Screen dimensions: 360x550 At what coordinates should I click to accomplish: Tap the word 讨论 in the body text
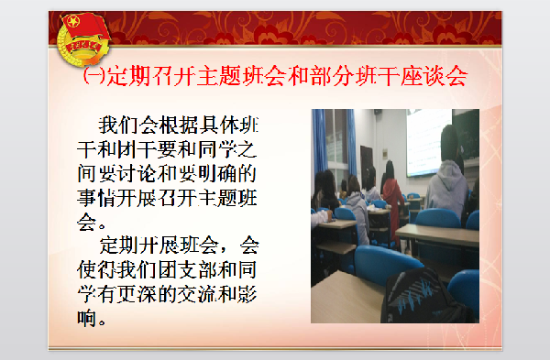tap(132, 173)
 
